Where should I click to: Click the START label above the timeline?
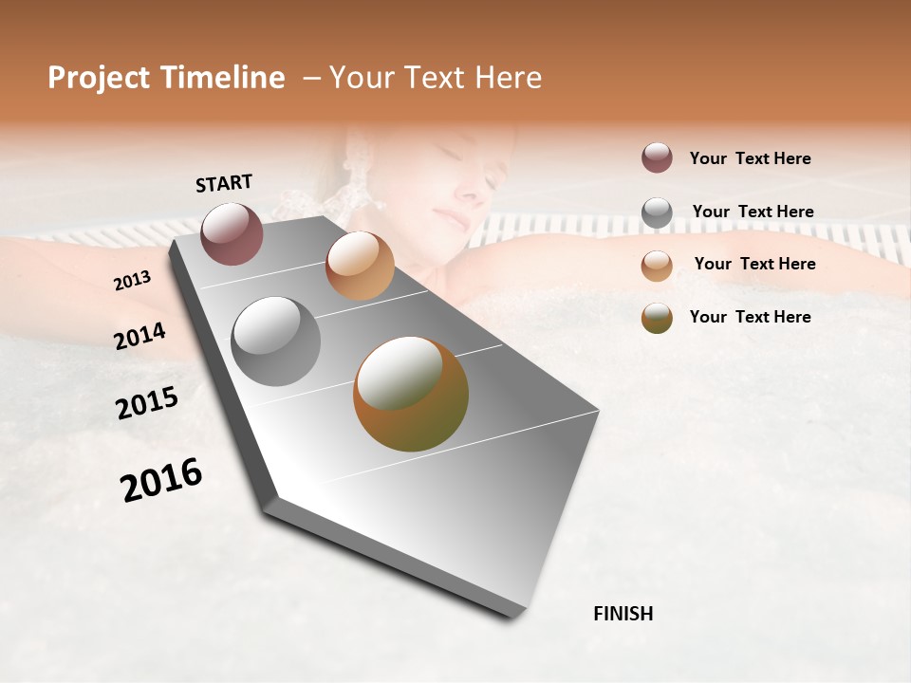224,183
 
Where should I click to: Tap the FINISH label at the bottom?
623,614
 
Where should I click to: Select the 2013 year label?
132,281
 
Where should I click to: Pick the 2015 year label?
147,403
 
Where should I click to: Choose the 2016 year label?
161,480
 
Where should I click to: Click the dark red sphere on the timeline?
232,233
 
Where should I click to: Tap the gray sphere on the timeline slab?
275,341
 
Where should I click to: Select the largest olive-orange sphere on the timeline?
410,394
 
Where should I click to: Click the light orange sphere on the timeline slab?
360,266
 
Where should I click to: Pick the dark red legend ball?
657,157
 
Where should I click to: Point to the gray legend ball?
657,212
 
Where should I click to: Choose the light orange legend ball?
657,266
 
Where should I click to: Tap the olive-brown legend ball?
657,318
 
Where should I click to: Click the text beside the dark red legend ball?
750,158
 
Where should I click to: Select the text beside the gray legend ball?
753,212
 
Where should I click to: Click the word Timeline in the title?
223,78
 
